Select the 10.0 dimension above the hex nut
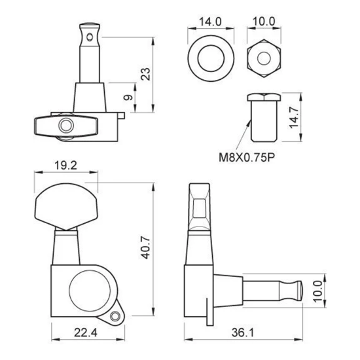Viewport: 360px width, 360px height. (262, 21)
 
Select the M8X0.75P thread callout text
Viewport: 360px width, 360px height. (247, 156)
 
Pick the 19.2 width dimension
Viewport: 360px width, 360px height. (65, 166)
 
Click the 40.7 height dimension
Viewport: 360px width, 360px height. (147, 249)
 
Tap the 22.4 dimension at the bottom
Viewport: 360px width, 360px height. (84, 333)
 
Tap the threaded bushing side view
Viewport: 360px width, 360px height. (263, 118)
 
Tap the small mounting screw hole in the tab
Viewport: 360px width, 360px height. (117, 317)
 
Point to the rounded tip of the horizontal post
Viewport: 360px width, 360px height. (300, 289)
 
